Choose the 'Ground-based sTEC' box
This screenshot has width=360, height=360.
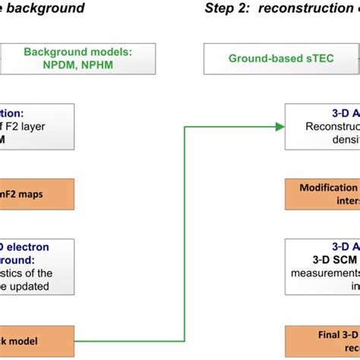(x=281, y=58)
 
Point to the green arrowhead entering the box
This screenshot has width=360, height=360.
(x=279, y=126)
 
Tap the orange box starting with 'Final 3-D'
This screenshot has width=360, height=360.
(x=322, y=341)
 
